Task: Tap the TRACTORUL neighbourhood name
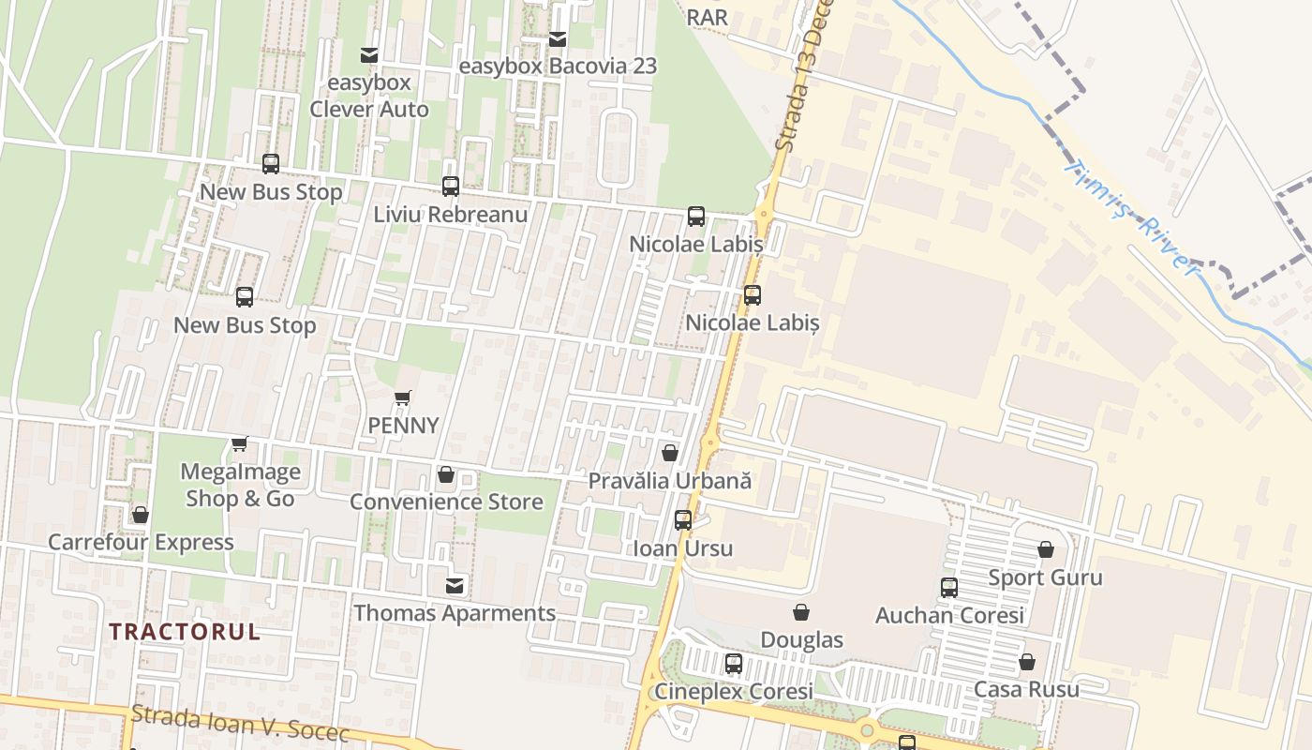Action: coord(185,631)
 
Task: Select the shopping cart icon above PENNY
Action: coord(403,398)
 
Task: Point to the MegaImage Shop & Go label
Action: coord(241,485)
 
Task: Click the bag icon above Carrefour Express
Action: coord(141,515)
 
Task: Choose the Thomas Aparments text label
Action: coord(455,613)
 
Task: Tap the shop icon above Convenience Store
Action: coord(446,475)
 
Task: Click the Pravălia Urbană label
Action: coord(670,480)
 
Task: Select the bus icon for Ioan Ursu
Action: coord(683,520)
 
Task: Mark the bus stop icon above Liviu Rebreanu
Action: coord(451,187)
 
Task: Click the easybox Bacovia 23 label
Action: coord(558,67)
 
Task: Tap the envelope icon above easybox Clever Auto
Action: coord(369,55)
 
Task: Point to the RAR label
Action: coord(707,18)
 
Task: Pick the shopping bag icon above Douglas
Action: coord(801,613)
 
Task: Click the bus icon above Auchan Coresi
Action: coord(949,588)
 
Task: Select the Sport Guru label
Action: coord(1046,577)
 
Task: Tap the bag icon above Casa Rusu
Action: coord(1027,662)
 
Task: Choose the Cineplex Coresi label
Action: coord(733,692)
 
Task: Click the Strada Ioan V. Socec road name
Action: coord(240,724)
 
